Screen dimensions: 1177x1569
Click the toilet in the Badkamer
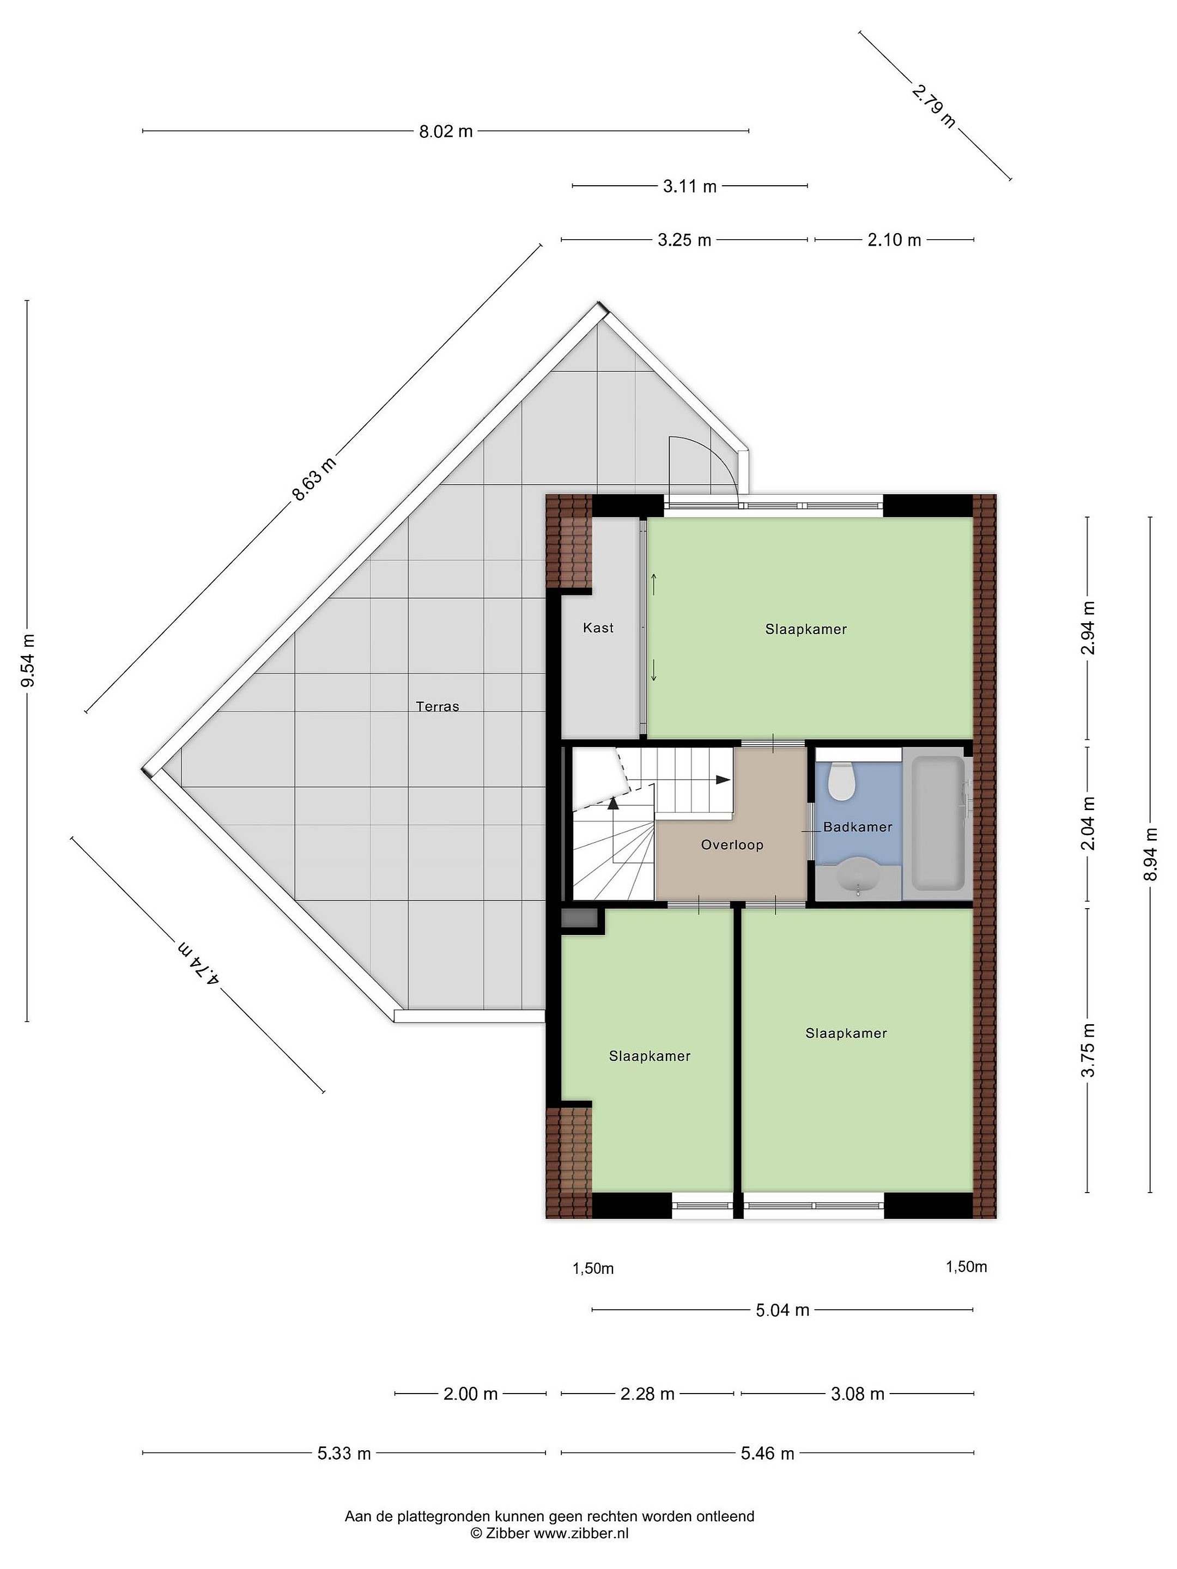click(841, 780)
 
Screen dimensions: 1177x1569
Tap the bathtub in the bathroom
click(937, 823)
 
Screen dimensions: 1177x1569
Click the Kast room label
click(598, 628)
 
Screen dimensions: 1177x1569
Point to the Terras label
click(438, 707)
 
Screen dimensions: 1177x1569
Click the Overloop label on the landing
click(732, 845)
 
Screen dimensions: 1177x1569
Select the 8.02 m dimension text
click(446, 131)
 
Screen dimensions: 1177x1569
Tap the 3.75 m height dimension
click(1088, 1050)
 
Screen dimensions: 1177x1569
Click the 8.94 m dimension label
click(1150, 854)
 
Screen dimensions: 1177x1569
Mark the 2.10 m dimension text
click(894, 240)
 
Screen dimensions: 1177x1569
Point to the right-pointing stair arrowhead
click(723, 780)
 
